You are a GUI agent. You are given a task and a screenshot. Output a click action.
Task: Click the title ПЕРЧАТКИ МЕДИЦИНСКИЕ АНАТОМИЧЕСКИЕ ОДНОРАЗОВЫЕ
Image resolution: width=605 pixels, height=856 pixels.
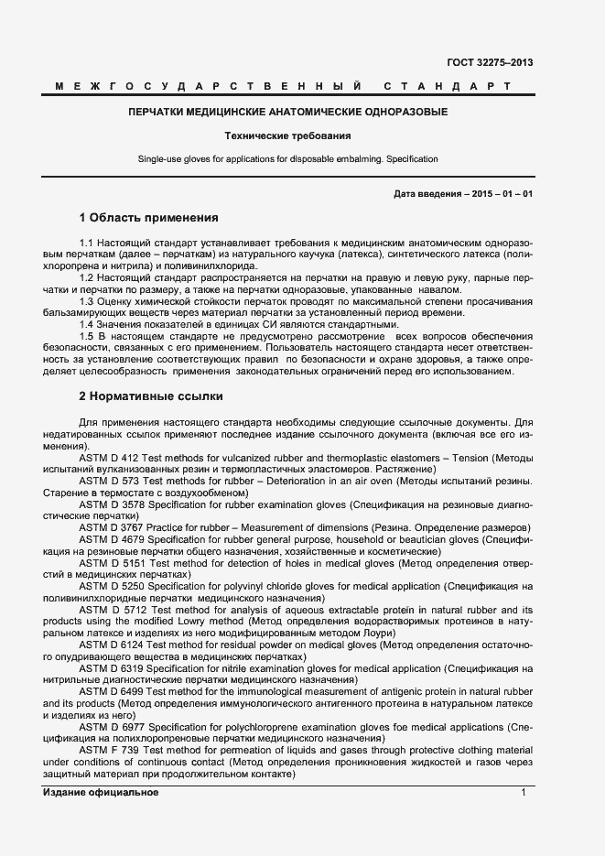pyautogui.click(x=287, y=113)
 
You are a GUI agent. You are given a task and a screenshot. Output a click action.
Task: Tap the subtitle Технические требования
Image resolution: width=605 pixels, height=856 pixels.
pyautogui.click(x=287, y=135)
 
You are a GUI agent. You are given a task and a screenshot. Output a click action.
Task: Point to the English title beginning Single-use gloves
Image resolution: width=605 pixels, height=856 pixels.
pyautogui.click(x=287, y=159)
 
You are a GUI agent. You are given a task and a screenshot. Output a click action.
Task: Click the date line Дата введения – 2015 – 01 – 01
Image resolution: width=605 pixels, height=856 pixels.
pyautogui.click(x=463, y=194)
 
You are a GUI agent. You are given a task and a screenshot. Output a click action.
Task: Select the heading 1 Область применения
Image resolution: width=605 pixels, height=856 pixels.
pyautogui.click(x=148, y=218)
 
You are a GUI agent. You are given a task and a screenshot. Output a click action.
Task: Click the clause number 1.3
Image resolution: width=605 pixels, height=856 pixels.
pyautogui.click(x=88, y=301)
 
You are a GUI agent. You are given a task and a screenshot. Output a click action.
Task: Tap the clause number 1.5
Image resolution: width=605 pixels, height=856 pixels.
pyautogui.click(x=88, y=337)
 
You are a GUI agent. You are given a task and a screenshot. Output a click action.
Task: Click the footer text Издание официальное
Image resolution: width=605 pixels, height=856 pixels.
pyautogui.click(x=101, y=793)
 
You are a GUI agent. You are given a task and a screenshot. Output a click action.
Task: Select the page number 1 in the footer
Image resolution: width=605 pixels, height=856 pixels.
pyautogui.click(x=524, y=793)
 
